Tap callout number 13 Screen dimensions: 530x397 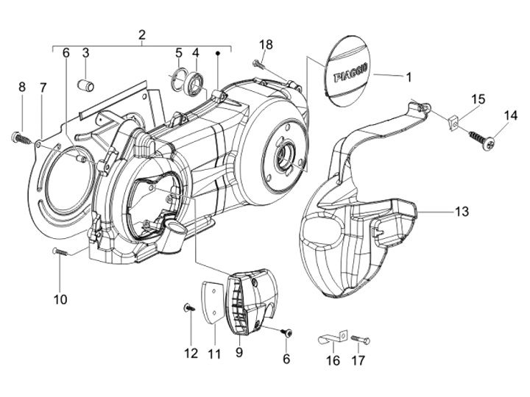click(462, 212)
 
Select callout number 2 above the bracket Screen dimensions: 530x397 click(142, 35)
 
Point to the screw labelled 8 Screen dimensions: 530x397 click(20, 137)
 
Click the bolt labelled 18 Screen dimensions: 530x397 click(258, 63)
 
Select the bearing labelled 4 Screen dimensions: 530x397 click(196, 82)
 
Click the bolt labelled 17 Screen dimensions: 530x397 click(360, 339)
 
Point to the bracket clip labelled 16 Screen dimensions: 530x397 click(333, 337)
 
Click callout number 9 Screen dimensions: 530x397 click(239, 353)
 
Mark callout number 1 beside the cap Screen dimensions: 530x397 click(409, 77)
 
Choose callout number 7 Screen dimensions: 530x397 click(43, 87)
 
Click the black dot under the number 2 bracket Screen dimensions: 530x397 click(218, 53)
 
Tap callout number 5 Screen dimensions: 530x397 click(178, 53)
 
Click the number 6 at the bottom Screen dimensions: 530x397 click(286, 360)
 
